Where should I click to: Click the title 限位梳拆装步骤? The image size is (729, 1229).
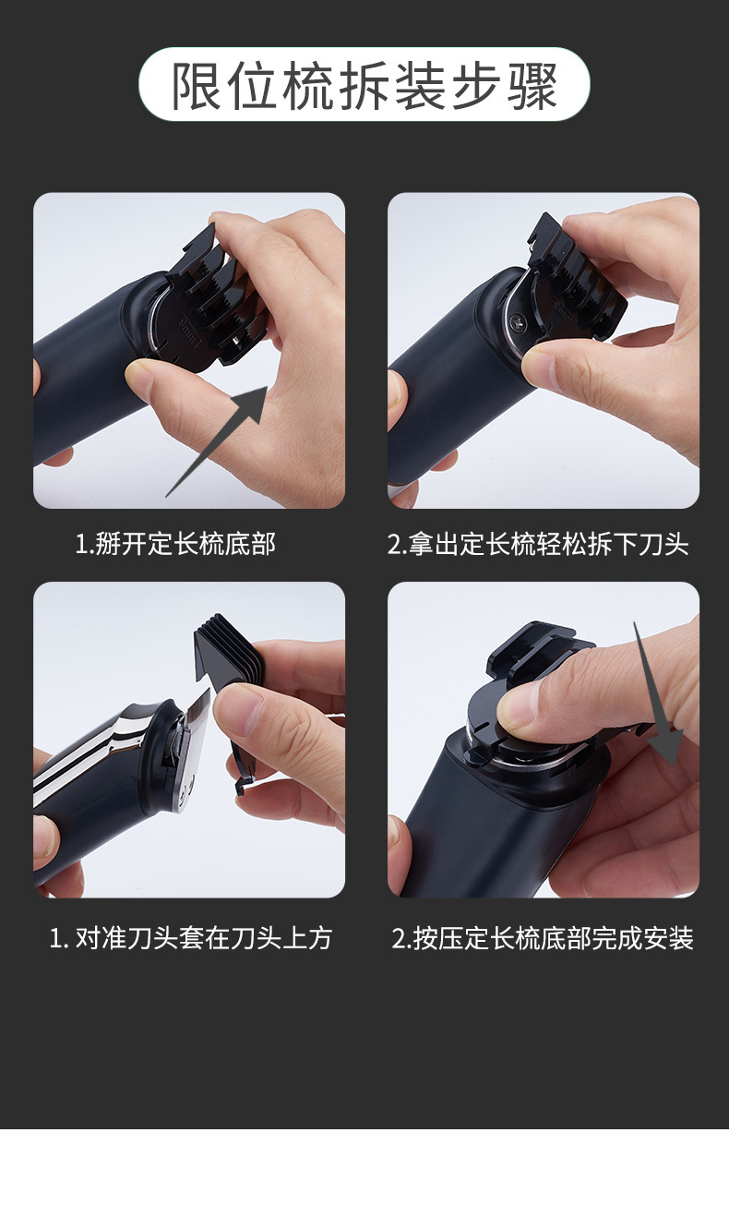[x=364, y=86]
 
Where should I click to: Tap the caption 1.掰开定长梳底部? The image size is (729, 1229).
[x=174, y=545]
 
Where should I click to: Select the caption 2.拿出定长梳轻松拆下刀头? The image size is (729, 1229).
[x=538, y=545]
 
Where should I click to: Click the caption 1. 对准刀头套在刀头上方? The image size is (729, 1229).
[x=190, y=939]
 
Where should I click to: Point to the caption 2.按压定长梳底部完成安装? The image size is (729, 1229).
[x=543, y=939]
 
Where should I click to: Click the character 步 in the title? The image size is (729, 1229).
[x=475, y=86]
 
